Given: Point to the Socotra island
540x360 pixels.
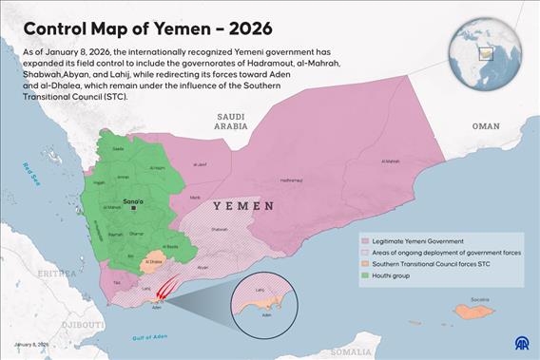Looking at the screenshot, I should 475,310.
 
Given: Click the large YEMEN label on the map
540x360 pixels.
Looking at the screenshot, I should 243,206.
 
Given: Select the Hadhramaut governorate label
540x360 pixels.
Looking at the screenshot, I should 292,180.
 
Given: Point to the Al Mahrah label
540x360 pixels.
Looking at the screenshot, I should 391,161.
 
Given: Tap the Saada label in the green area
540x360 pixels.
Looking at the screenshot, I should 118,149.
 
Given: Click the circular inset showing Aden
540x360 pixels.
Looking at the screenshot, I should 262,302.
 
